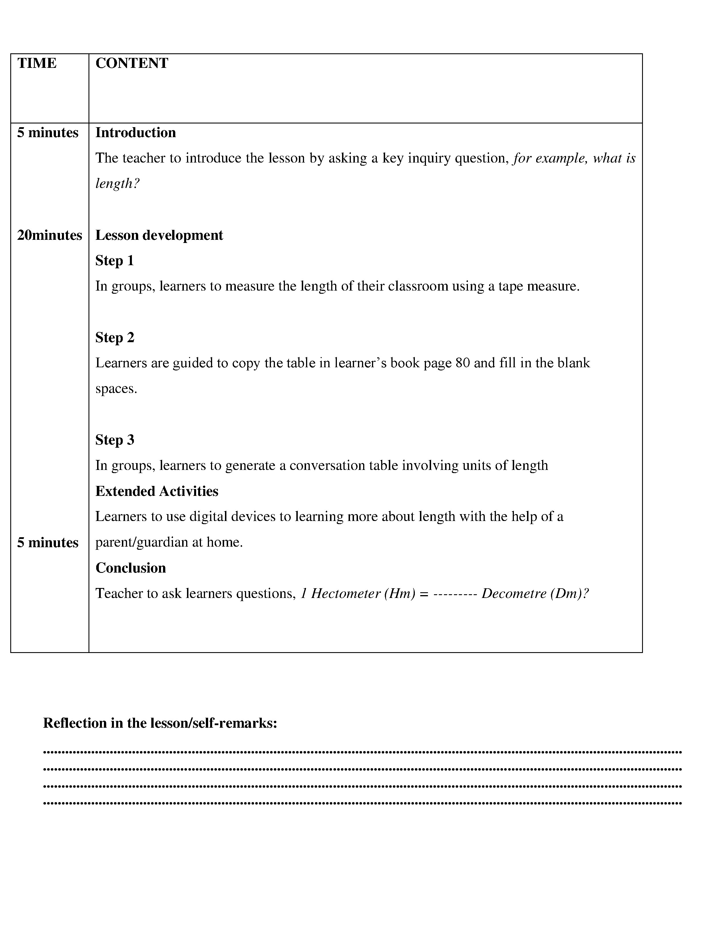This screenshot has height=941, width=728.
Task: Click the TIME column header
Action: coord(37,63)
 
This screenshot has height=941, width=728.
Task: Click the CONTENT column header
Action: coord(132,63)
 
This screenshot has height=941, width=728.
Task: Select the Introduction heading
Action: coord(135,133)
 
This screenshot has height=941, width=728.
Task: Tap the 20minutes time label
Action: coord(49,235)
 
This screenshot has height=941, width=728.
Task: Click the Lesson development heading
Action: coord(159,235)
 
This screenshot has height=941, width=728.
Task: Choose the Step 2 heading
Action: coord(115,337)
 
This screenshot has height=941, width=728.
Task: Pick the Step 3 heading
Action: coord(115,440)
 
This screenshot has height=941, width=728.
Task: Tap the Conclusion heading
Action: coord(131,568)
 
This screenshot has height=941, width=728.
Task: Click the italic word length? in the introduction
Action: coord(117,184)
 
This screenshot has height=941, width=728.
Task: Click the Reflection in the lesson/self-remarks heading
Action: coord(160,723)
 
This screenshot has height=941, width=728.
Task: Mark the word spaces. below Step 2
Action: coord(116,389)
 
